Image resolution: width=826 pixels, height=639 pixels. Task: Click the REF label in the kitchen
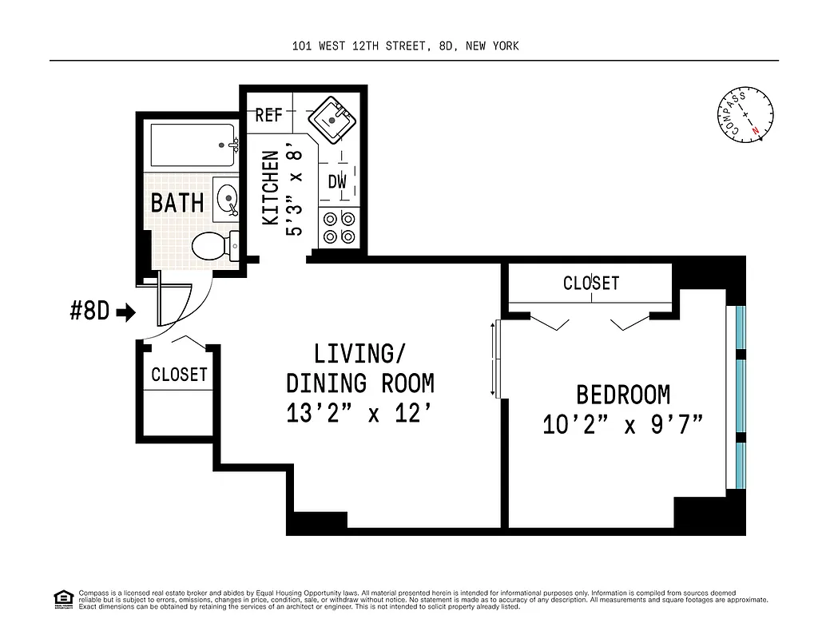coord(268,116)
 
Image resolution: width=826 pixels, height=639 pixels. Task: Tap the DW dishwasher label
coord(337,182)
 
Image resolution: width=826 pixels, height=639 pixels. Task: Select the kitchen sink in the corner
coord(332,120)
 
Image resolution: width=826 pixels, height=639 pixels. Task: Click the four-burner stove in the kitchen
coord(337,226)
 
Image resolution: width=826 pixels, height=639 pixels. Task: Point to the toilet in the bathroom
coord(215,245)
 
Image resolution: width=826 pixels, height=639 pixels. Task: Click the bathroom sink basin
coord(226,198)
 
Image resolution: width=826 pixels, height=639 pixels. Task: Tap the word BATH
coord(177,203)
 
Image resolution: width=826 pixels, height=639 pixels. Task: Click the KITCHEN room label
coord(272,188)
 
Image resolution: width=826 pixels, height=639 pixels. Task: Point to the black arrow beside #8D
coord(126,312)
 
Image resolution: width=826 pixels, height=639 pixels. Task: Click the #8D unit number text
coord(89,312)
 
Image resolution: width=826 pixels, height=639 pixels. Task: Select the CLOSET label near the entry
coord(179,375)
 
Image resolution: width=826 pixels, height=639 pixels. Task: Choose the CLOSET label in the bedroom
coord(590,283)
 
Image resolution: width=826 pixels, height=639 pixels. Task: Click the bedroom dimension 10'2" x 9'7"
coord(622,424)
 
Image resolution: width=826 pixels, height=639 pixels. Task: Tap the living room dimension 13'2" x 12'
coord(359,415)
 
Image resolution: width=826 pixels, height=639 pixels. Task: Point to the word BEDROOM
coord(623,395)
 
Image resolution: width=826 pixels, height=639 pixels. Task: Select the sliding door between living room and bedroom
coord(495,359)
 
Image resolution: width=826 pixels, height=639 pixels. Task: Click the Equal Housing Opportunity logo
coord(62,598)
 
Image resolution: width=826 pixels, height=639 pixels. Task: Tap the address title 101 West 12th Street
coord(405,46)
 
